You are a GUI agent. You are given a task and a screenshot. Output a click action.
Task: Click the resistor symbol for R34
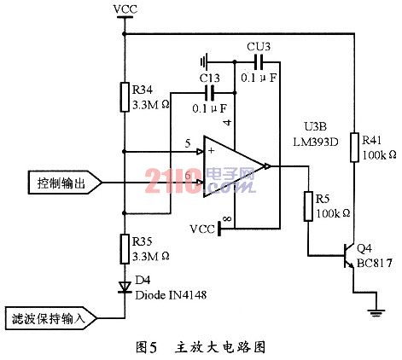click(x=125, y=97)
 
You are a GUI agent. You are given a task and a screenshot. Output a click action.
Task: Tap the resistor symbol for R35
click(x=125, y=249)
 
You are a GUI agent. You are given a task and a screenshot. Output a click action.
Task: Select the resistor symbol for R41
click(x=354, y=148)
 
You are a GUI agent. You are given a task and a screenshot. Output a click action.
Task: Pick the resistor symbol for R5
click(x=308, y=206)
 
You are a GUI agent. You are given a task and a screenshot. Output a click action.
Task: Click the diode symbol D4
click(x=125, y=287)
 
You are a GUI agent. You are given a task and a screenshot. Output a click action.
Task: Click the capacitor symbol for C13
click(x=211, y=93)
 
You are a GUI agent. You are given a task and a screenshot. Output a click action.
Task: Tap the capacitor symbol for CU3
click(x=259, y=61)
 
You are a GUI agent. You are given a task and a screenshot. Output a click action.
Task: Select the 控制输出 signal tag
click(x=65, y=183)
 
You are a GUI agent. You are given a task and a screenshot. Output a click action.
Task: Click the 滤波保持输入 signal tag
click(x=51, y=318)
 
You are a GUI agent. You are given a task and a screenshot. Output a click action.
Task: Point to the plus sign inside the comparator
click(x=211, y=150)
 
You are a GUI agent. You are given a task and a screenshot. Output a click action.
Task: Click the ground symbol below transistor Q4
click(x=377, y=313)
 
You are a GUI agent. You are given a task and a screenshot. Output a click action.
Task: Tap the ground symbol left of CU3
click(x=204, y=61)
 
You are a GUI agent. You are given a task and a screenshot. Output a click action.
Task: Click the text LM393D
click(x=316, y=142)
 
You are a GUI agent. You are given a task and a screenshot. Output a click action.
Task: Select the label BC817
click(x=375, y=263)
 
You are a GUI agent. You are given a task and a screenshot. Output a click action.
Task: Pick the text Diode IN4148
click(x=171, y=295)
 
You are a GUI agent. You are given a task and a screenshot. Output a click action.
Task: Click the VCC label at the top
click(x=125, y=9)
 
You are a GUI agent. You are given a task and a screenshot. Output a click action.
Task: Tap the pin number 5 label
click(x=188, y=143)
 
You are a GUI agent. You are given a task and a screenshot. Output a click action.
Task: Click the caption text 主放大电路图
click(x=220, y=347)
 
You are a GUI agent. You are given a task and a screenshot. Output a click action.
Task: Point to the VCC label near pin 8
click(x=202, y=229)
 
